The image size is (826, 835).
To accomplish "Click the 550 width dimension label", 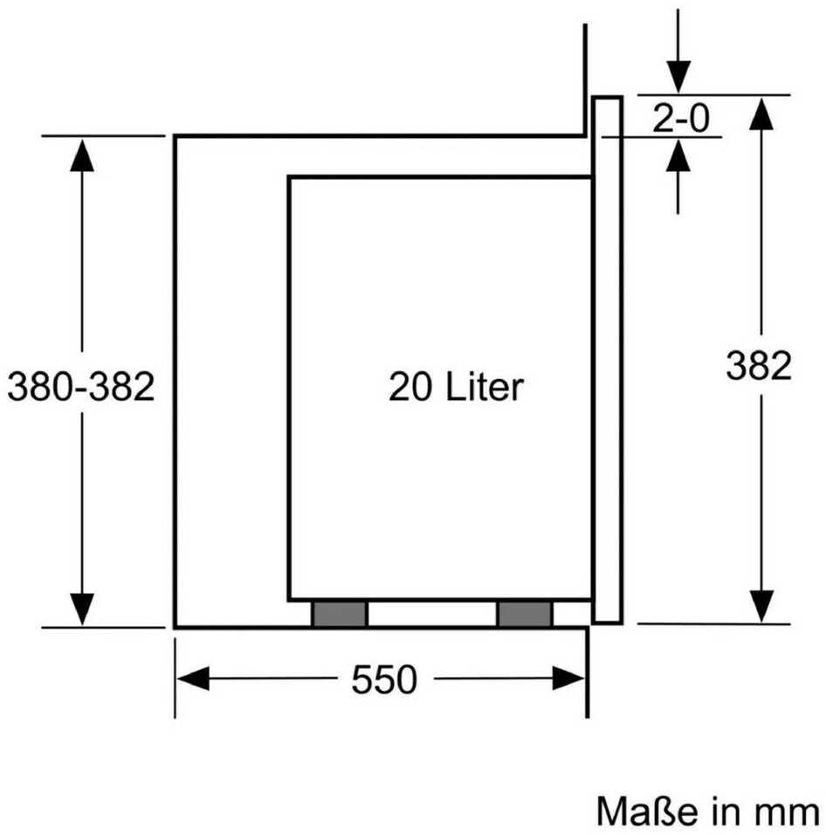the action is (x=384, y=679).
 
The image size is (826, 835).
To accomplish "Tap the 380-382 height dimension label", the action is (x=80, y=385).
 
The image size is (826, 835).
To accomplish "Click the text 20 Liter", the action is (x=456, y=386).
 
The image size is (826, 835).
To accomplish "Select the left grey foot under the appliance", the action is (x=339, y=614).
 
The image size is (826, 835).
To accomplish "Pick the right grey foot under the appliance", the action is (x=524, y=614).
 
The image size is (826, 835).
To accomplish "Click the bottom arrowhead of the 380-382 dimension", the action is (x=81, y=607).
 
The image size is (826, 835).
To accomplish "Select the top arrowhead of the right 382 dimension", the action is (x=762, y=113).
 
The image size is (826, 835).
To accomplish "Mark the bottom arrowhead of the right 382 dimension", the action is (x=762, y=604).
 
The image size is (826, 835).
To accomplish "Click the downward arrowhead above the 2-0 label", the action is (x=678, y=75).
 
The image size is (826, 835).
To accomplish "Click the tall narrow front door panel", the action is (x=607, y=360).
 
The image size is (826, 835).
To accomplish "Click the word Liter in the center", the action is (x=485, y=386).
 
